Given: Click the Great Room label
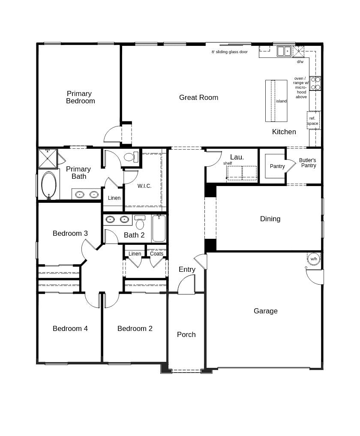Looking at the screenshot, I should [198, 98].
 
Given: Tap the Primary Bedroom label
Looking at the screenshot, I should [80, 97].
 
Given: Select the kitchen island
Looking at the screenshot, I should [276, 101].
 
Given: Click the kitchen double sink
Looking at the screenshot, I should [284, 51].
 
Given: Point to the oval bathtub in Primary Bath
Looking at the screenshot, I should [48, 185].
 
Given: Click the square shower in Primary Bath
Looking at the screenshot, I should [48, 158].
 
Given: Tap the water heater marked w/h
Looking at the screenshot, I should [314, 259].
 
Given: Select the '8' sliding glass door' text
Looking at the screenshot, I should [229, 52].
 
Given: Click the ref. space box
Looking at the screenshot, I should [313, 120].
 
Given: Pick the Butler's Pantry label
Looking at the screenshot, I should [308, 163].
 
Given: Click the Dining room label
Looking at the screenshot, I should [270, 219].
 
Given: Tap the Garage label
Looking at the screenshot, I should [265, 311].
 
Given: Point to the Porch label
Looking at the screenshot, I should [186, 335].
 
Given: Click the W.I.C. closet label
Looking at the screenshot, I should [144, 186].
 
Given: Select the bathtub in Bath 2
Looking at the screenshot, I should [159, 229].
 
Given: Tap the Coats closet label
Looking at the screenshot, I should [156, 254].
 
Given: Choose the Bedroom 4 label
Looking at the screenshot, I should [70, 329].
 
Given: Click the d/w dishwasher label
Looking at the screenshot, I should [300, 62].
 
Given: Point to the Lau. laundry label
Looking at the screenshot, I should [237, 157].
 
